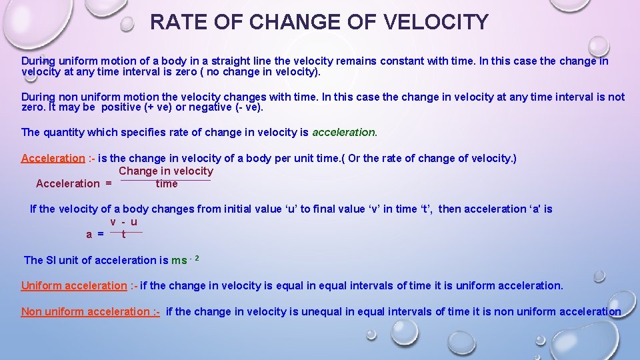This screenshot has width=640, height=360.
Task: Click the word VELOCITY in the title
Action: (x=436, y=22)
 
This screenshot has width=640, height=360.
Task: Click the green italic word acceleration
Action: (x=344, y=132)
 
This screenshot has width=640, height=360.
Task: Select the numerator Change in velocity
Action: (x=166, y=171)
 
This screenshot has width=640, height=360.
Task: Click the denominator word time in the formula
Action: (x=167, y=183)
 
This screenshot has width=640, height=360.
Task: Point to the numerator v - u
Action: (x=124, y=222)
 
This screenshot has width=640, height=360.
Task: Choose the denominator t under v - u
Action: (x=124, y=234)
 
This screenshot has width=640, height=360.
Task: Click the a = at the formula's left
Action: (x=95, y=234)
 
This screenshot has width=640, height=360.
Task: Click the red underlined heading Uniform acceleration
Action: (x=73, y=285)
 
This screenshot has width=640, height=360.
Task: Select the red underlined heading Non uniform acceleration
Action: (x=90, y=311)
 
